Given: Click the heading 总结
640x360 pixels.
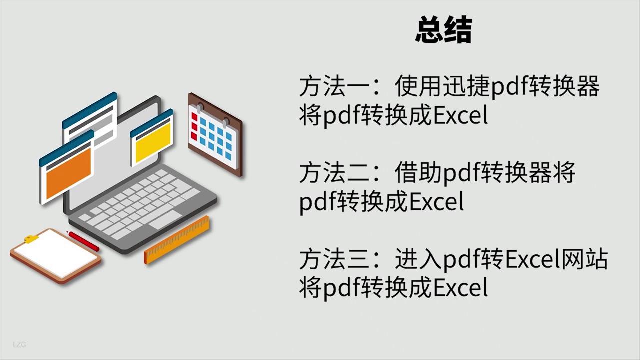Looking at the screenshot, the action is pyautogui.click(x=443, y=30).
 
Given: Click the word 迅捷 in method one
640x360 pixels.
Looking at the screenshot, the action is pyautogui.click(x=466, y=86).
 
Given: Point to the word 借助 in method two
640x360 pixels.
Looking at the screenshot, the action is pyautogui.click(x=418, y=172).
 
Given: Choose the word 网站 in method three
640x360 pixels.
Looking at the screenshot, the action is pyautogui.click(x=584, y=259).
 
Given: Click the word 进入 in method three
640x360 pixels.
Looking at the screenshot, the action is pyautogui.click(x=418, y=259).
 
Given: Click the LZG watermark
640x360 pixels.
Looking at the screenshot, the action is pyautogui.click(x=19, y=345).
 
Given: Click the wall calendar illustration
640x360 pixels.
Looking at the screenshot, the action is pyautogui.click(x=215, y=134).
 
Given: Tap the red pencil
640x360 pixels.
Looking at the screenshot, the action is pyautogui.click(x=83, y=240).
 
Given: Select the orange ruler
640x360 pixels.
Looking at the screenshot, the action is pyautogui.click(x=177, y=240).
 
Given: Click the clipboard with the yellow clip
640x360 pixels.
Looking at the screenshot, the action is pyautogui.click(x=56, y=256).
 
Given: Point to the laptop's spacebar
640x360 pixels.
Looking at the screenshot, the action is pyautogui.click(x=165, y=220).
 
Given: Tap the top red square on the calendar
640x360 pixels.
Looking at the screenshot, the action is pyautogui.click(x=194, y=117).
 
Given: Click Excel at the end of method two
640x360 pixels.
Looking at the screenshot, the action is pyautogui.click(x=437, y=201).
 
